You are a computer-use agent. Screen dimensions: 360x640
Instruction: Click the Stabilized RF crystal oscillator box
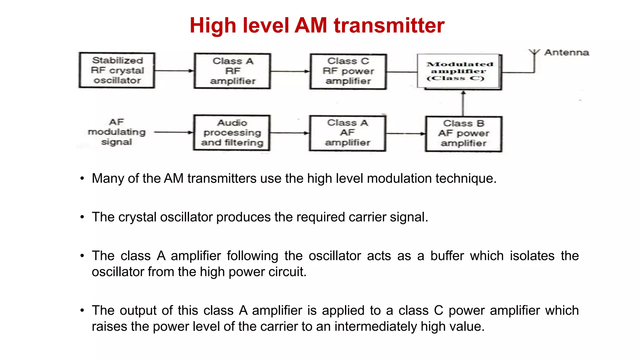pos(117,70)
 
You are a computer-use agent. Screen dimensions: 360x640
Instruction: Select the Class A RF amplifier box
pos(232,71)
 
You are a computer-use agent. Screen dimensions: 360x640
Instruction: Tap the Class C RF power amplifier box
pos(348,71)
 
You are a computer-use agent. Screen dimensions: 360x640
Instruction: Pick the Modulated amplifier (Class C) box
pos(459,72)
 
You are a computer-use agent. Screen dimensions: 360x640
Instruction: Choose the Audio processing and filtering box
pos(232,133)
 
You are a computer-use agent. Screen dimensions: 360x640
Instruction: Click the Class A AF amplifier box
pos(347,133)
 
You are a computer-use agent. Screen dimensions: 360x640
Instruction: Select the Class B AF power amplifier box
pos(463,134)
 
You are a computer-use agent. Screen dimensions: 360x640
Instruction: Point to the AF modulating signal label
pos(117,132)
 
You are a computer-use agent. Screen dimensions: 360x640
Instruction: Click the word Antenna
pos(567,52)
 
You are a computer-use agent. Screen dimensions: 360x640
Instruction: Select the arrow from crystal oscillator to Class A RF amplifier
pos(174,71)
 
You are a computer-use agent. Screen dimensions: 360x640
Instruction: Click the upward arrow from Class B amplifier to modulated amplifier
pos(463,103)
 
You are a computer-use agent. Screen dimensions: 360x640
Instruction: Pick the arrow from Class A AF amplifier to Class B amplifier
pos(406,134)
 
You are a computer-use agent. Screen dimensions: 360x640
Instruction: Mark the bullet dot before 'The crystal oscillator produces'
pos(82,217)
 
